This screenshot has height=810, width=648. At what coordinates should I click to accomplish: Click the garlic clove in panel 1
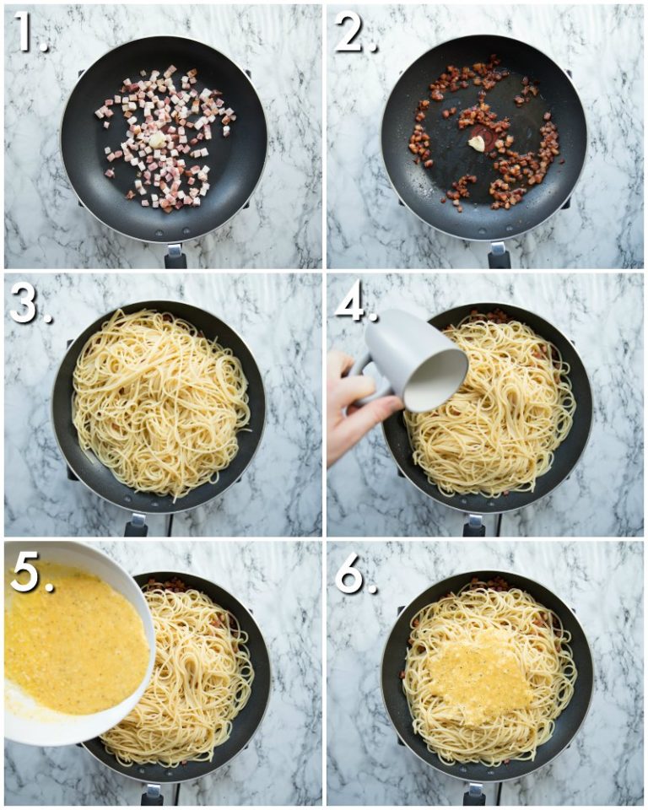coord(156,141)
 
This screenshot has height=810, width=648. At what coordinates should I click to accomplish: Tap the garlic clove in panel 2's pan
coord(477,143)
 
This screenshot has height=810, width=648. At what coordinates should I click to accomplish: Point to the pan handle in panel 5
coord(152,796)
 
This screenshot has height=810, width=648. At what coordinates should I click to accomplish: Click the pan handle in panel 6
coord(474,796)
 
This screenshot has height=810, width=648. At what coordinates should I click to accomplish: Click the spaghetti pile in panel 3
coord(160,403)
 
